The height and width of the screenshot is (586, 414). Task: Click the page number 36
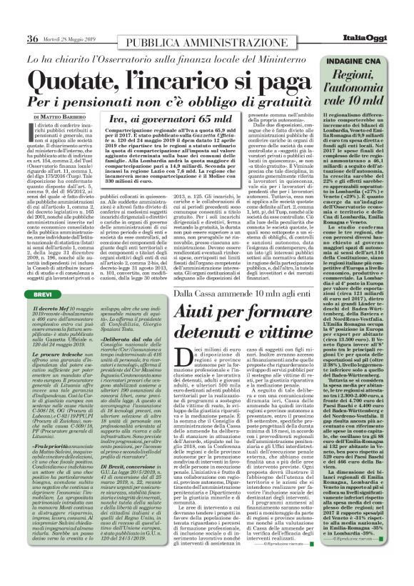pyautogui.click(x=33, y=39)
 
